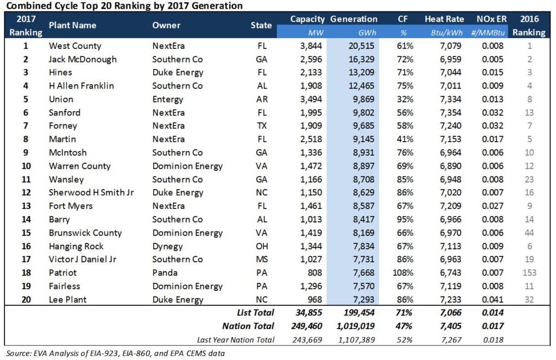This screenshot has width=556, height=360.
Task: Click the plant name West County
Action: point(75,46)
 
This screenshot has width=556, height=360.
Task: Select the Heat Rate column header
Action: point(444,20)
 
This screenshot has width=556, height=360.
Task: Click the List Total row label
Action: point(255,313)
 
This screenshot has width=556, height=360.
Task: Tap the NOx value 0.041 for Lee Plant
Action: point(492,299)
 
